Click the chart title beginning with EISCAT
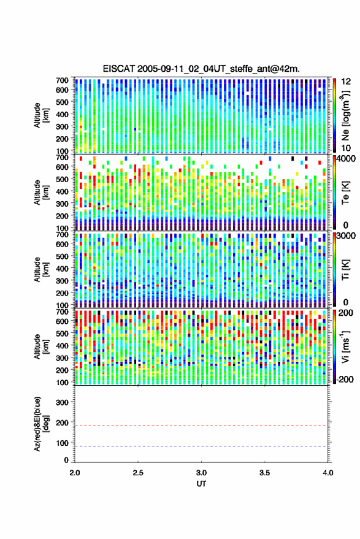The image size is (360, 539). point(201,69)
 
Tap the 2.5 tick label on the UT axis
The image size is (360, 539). point(138,473)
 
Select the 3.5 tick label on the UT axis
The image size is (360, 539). point(264,473)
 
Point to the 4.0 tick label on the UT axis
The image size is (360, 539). point(327,473)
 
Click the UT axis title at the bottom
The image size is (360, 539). point(201,484)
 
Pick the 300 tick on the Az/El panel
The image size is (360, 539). point(62,402)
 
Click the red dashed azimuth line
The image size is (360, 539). point(201,426)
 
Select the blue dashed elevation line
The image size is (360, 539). point(201,446)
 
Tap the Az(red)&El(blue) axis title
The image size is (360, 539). point(41,424)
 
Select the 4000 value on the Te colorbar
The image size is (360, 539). point(347,159)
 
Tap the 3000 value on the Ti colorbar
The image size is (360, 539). point(347,236)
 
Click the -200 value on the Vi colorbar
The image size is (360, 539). point(346,380)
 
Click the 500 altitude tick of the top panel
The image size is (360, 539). point(62,102)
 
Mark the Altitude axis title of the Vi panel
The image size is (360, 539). point(41,346)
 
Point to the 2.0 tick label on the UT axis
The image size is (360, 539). point(75,473)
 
